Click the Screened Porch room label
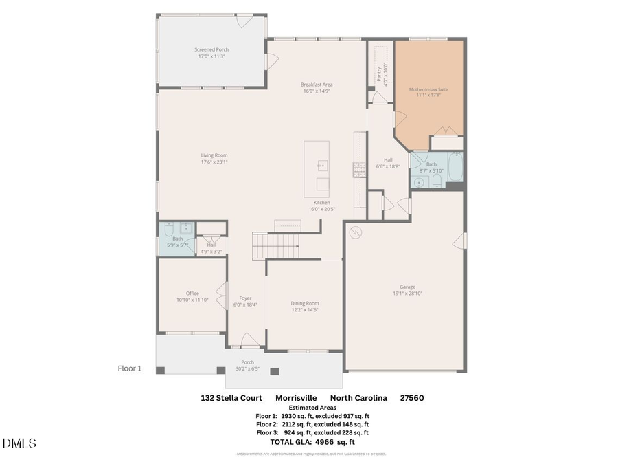[211, 49]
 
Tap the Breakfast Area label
[317, 85]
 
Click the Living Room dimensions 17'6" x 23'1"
[214, 162]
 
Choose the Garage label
[408, 287]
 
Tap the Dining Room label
[305, 303]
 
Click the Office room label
[192, 294]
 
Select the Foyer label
[245, 298]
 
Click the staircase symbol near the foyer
[276, 245]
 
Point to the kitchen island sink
[321, 166]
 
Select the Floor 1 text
[130, 368]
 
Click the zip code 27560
[413, 398]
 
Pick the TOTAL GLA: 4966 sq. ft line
[312, 442]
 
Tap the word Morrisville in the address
[297, 398]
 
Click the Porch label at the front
[247, 362]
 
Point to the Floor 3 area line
[312, 432]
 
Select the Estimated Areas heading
[312, 408]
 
